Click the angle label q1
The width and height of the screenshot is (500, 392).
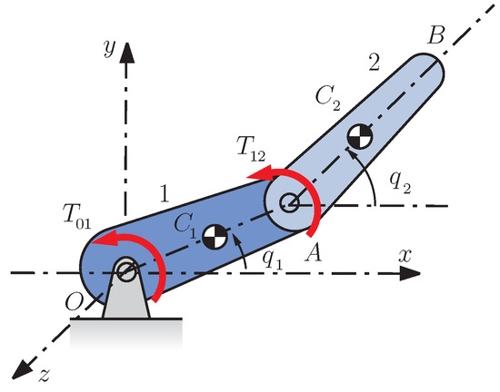(269, 258)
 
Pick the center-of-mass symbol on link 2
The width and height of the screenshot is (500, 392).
(358, 139)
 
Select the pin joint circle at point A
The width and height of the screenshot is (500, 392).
(289, 202)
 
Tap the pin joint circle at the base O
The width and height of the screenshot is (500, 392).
(126, 269)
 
